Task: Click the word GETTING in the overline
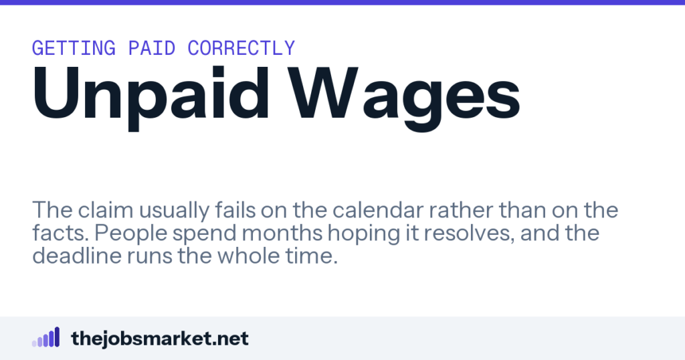click(x=74, y=48)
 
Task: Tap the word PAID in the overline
click(x=152, y=48)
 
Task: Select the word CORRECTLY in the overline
click(x=241, y=48)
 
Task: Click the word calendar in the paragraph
click(x=378, y=210)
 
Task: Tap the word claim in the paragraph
click(x=106, y=210)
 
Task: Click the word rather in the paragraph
click(x=462, y=210)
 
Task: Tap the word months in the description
click(x=282, y=233)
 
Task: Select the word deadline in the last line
click(x=77, y=256)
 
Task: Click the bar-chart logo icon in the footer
click(x=45, y=337)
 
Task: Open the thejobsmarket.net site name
click(x=160, y=339)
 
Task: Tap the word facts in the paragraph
click(x=60, y=233)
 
